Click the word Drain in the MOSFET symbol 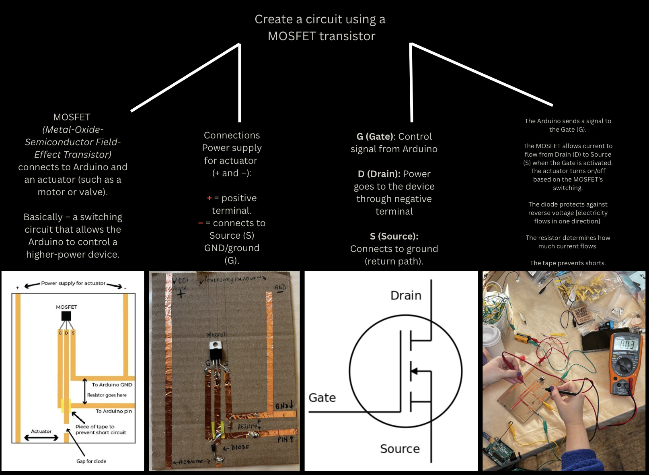pyautogui.click(x=406, y=295)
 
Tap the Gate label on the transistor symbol pyautogui.click(x=322, y=398)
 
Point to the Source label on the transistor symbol pyautogui.click(x=400, y=448)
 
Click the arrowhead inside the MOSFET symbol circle pyautogui.click(x=414, y=371)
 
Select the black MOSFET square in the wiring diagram pyautogui.click(x=66, y=316)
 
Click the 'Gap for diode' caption pyautogui.click(x=91, y=461)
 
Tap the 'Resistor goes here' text pyautogui.click(x=107, y=395)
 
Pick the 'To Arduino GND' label pyautogui.click(x=112, y=385)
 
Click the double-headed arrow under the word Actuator pyautogui.click(x=41, y=438)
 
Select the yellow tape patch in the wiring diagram pyautogui.click(x=66, y=406)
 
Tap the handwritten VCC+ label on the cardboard pyautogui.click(x=181, y=281)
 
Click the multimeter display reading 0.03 pyautogui.click(x=626, y=344)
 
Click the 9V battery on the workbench pyautogui.click(x=524, y=337)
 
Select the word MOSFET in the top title pyautogui.click(x=292, y=36)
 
